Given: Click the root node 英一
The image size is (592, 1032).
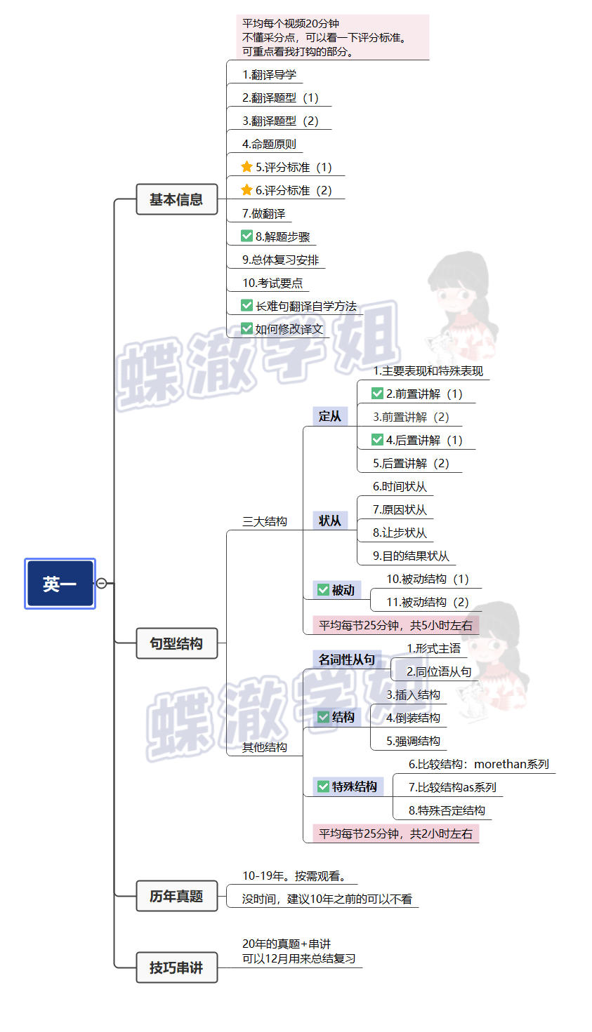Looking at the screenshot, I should [x=60, y=584].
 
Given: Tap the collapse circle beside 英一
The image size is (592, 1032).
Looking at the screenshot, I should [x=101, y=583].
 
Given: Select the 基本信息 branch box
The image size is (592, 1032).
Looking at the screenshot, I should [x=176, y=199].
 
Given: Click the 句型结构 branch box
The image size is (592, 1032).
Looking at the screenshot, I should [x=176, y=643].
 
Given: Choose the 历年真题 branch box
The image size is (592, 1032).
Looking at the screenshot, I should [x=176, y=896].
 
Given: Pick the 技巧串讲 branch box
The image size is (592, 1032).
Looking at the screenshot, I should [x=176, y=967].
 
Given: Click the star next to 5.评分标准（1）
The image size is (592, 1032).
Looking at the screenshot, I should [x=246, y=167].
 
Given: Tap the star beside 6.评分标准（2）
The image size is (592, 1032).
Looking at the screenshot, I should [x=246, y=190].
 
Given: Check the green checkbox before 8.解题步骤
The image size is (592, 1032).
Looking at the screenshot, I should [x=246, y=236].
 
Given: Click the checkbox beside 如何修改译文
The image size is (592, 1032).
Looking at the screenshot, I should [x=246, y=328].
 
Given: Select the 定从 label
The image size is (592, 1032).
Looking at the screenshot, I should [x=329, y=416].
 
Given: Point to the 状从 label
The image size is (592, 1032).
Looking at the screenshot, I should [x=329, y=521].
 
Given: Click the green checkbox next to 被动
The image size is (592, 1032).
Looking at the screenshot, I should [x=323, y=590].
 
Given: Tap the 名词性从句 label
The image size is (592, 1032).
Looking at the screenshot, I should [x=346, y=659].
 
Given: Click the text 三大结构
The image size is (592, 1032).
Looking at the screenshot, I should [x=265, y=521].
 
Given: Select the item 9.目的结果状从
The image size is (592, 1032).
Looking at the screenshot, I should [x=411, y=556].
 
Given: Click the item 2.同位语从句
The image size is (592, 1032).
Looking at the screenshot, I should [x=439, y=671].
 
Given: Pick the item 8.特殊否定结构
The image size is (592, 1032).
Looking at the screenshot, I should [x=447, y=810].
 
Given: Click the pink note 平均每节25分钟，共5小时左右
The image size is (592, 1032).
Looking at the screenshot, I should [x=395, y=625].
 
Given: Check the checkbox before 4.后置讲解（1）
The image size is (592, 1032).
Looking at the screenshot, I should [x=377, y=440].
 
